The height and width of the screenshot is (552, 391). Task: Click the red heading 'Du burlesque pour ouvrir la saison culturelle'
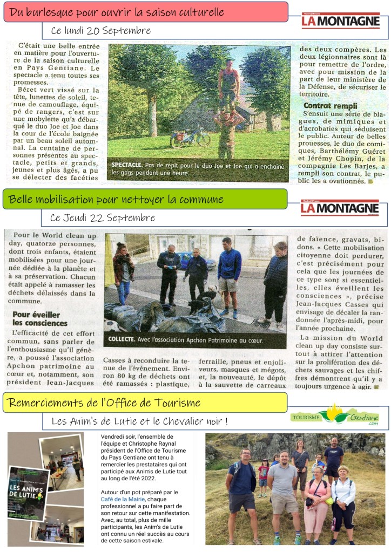(x=117, y=12)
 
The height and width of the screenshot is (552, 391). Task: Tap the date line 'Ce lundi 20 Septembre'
(x=101, y=31)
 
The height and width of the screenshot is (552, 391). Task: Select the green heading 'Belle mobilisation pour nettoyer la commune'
(x=116, y=199)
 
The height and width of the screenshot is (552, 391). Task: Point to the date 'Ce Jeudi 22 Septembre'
(x=103, y=218)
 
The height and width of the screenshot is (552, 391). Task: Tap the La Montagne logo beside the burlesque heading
(x=340, y=21)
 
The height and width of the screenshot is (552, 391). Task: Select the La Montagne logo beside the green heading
(x=340, y=208)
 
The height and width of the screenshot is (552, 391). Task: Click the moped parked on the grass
(x=190, y=138)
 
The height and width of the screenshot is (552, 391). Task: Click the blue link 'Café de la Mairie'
(x=121, y=500)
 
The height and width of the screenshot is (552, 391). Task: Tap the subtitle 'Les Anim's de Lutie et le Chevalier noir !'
(x=139, y=421)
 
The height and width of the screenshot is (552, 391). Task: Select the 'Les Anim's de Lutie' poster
(x=28, y=493)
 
